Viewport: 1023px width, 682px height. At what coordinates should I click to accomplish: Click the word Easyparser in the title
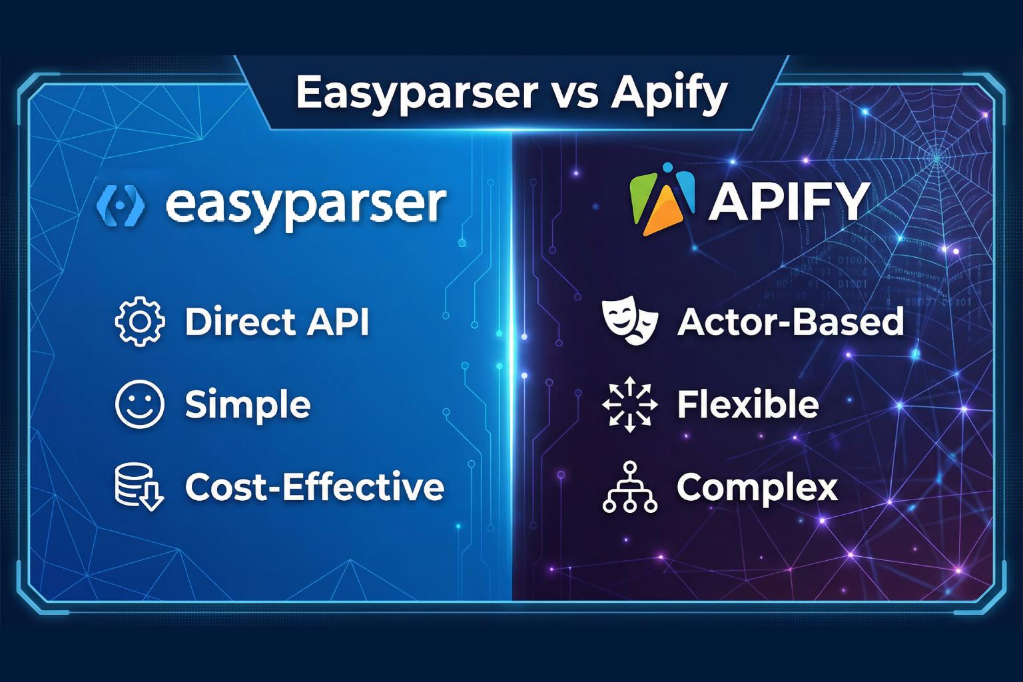(x=416, y=93)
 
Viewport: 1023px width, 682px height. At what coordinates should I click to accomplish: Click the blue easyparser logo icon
(x=121, y=202)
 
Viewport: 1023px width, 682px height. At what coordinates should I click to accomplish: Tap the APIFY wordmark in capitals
(x=788, y=201)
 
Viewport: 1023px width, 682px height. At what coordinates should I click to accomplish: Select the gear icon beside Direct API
(x=140, y=322)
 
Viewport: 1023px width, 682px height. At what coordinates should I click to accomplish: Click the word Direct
(x=240, y=322)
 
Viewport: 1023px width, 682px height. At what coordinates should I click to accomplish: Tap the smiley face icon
(x=139, y=404)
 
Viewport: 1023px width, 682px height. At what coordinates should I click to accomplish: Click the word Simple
(x=248, y=405)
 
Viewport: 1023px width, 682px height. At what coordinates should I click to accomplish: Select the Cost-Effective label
(x=314, y=487)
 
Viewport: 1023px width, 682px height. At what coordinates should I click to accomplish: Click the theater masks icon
(x=629, y=320)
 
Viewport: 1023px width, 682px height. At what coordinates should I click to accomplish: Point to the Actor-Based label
(x=791, y=322)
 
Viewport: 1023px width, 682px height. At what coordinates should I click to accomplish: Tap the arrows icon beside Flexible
(x=629, y=404)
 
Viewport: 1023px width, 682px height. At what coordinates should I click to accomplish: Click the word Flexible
(x=747, y=404)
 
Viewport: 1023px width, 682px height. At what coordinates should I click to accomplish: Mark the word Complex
(x=757, y=488)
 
